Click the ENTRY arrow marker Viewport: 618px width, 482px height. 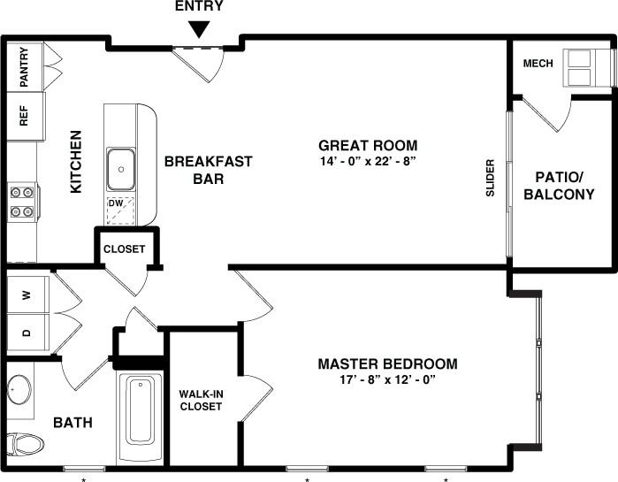click(x=201, y=28)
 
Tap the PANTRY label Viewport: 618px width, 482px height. click(x=24, y=64)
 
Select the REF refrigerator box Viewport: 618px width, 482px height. click(x=23, y=118)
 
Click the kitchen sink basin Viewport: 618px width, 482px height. click(x=121, y=170)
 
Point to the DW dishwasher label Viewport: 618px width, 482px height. click(x=115, y=203)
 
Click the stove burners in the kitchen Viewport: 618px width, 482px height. click(x=22, y=201)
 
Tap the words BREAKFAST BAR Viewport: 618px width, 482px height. click(x=208, y=170)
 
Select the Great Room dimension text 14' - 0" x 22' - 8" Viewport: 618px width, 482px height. click(x=368, y=161)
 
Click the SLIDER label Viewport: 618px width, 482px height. click(x=491, y=178)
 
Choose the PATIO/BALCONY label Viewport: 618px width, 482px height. click(x=559, y=186)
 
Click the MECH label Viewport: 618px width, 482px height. click(x=538, y=64)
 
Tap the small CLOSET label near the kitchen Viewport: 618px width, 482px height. click(x=124, y=249)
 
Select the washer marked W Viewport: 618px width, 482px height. click(x=27, y=295)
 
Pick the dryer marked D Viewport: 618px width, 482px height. click(x=27, y=333)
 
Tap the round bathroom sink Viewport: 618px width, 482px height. click(x=18, y=387)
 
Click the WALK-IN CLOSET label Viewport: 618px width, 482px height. click(x=201, y=400)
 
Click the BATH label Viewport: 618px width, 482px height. click(x=73, y=423)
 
